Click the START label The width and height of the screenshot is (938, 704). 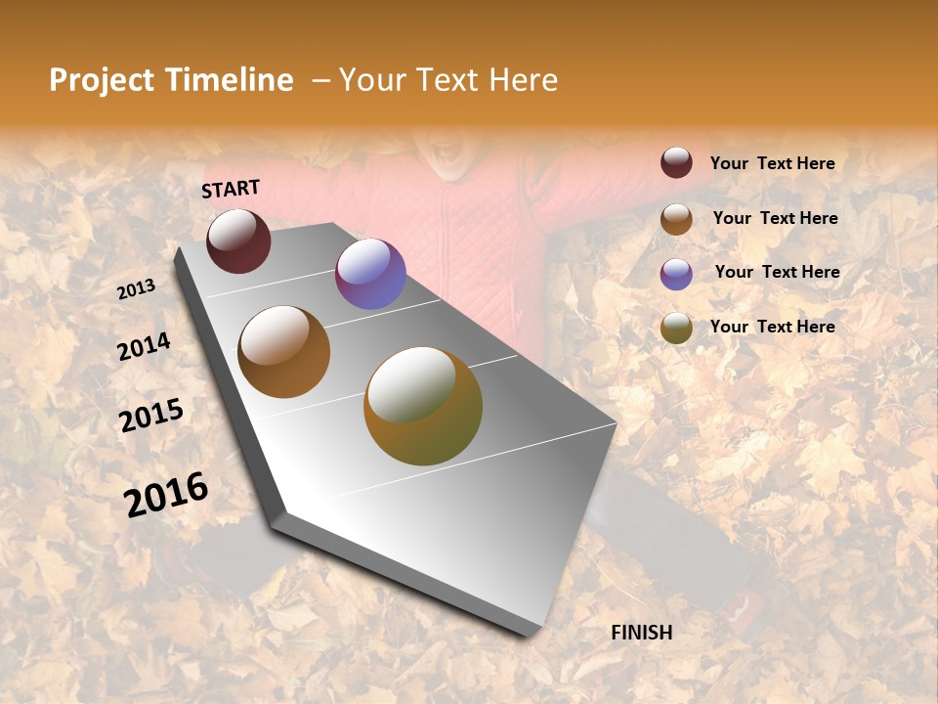[231, 189]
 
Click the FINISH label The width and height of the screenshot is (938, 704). [641, 633]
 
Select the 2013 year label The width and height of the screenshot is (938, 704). [136, 289]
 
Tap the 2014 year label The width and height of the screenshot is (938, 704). [144, 347]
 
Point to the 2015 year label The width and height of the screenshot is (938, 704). [151, 416]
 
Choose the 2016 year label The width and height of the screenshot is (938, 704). [166, 494]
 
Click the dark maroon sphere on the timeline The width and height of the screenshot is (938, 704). [238, 241]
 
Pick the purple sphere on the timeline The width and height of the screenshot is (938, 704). [370, 274]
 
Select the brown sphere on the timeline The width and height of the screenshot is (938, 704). [284, 351]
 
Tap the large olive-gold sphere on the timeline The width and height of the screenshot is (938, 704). [423, 406]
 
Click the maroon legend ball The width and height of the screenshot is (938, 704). [676, 163]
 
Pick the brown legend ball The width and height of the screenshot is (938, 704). [676, 219]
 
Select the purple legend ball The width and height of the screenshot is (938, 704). [676, 274]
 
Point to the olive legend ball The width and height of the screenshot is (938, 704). [676, 328]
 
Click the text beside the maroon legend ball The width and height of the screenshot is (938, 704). [772, 164]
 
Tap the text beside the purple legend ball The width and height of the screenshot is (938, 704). [777, 272]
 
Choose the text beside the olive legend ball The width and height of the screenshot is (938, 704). [772, 327]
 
